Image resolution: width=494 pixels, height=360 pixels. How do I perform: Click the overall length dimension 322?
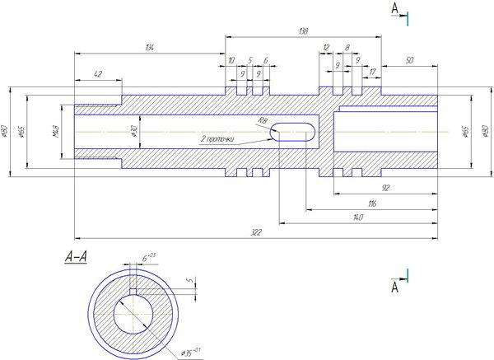coord(255,233)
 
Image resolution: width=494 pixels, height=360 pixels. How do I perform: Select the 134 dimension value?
coord(149,49)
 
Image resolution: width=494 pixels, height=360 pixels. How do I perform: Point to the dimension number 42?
coord(98,74)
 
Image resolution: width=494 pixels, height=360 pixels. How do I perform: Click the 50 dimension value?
coord(409,61)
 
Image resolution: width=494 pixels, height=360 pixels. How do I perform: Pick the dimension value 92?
coord(384,189)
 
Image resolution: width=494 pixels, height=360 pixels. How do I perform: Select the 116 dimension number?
coord(372,202)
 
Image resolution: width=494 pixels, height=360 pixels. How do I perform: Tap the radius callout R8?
coord(263,120)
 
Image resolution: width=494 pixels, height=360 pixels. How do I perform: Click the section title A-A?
coord(77,257)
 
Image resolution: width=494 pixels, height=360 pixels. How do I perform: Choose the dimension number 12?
coord(326,48)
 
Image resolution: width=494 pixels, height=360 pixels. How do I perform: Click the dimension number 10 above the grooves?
coord(231,61)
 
